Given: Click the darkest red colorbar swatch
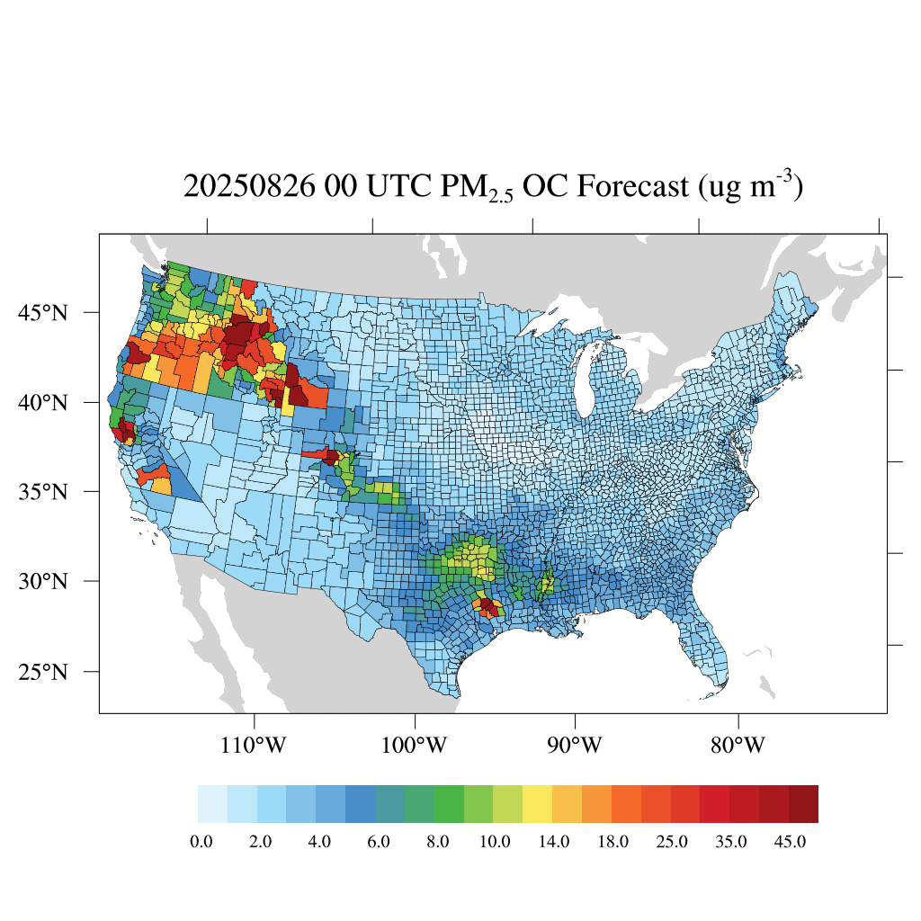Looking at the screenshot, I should (x=803, y=804).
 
